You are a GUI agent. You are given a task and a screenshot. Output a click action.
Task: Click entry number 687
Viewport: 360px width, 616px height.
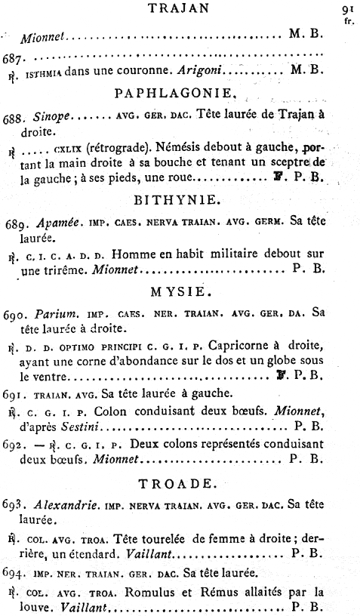click(x=15, y=57)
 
